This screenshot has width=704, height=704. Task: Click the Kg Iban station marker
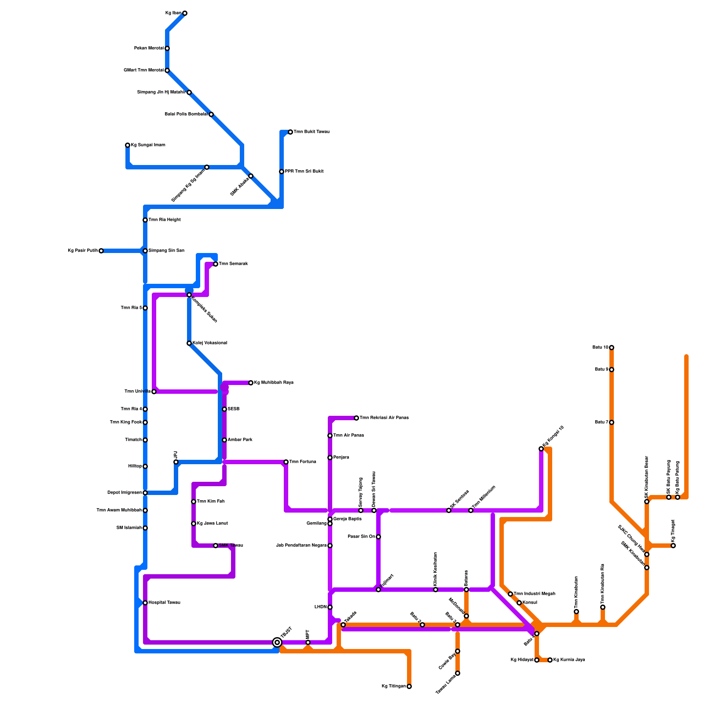[185, 13]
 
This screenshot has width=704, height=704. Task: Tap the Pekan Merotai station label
[149, 48]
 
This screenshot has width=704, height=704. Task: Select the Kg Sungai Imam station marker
[128, 145]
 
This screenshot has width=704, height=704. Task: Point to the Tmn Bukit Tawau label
[312, 132]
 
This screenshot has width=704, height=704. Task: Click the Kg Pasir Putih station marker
[101, 251]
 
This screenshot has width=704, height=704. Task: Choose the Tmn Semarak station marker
[216, 264]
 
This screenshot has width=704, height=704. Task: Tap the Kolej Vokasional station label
[209, 343]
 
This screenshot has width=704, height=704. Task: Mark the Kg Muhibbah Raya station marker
[251, 383]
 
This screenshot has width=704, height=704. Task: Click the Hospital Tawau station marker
[145, 603]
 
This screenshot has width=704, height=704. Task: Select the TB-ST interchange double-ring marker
[277, 642]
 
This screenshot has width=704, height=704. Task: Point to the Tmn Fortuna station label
[302, 462]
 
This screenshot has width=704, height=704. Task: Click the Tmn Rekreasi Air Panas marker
[356, 418]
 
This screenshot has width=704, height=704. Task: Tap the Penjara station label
[341, 458]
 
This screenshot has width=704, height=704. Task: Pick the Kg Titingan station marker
[409, 686]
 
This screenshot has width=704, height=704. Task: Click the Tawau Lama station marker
[458, 673]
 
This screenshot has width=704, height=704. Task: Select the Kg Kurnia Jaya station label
[569, 660]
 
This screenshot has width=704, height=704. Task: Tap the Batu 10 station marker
[612, 348]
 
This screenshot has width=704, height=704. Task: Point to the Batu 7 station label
[601, 422]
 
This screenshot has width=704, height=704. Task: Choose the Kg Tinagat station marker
[673, 546]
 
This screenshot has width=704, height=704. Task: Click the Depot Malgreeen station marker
[145, 493]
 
